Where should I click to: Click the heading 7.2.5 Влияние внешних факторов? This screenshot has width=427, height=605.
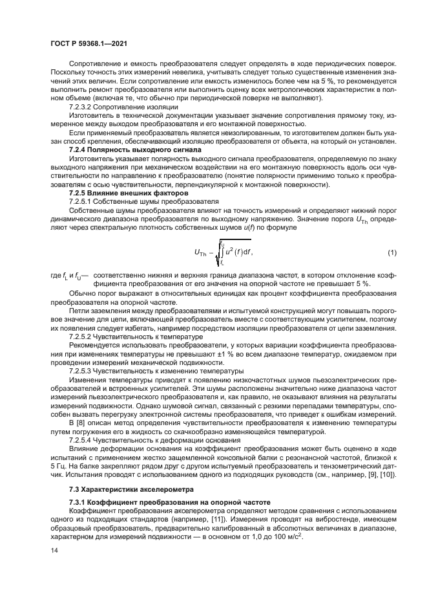[120, 192]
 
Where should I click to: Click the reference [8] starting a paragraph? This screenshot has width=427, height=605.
[81, 421]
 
